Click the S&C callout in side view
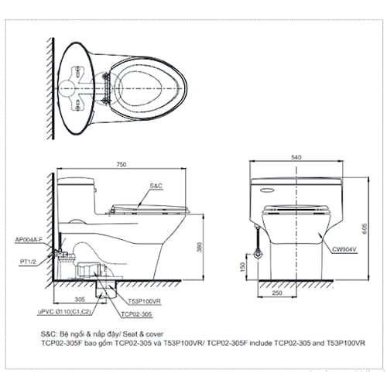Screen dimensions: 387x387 (156, 187)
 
